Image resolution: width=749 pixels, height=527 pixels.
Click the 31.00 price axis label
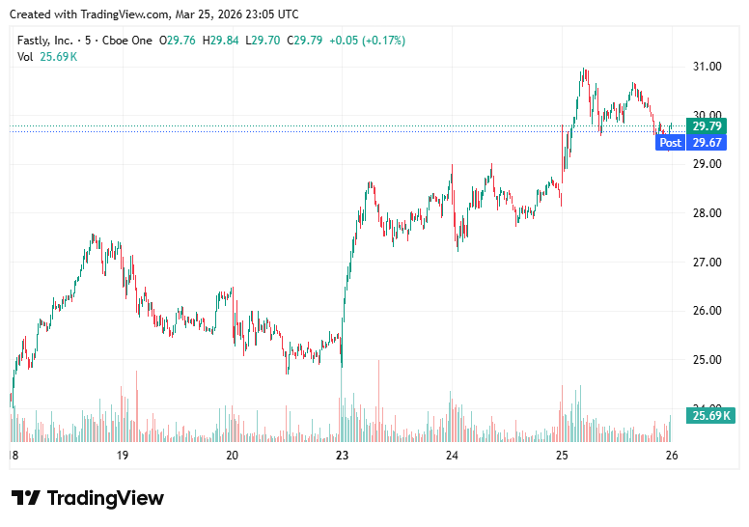click(x=707, y=67)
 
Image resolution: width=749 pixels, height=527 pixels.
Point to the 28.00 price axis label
click(x=707, y=213)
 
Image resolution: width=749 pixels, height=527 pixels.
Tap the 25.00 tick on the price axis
click(x=707, y=360)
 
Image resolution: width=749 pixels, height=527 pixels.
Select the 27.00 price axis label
click(x=707, y=263)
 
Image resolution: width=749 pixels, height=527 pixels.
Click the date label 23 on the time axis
click(x=341, y=456)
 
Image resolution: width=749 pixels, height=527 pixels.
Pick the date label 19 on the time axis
click(x=123, y=456)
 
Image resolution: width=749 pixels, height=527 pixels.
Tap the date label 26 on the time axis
click(x=672, y=456)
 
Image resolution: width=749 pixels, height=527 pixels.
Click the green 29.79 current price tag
click(x=707, y=126)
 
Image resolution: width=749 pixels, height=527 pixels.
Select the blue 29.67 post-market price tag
click(x=707, y=143)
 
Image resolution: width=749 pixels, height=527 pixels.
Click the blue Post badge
click(x=670, y=143)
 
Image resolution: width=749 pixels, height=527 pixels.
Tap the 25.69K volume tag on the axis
click(x=709, y=416)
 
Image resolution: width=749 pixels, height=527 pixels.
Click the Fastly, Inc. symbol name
click(x=44, y=41)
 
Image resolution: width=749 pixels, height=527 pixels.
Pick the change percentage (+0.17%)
click(x=384, y=41)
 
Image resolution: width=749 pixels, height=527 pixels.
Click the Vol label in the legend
click(x=25, y=57)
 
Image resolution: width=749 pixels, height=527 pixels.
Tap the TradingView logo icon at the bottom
click(x=26, y=498)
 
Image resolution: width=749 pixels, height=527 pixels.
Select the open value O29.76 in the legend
click(x=178, y=41)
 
